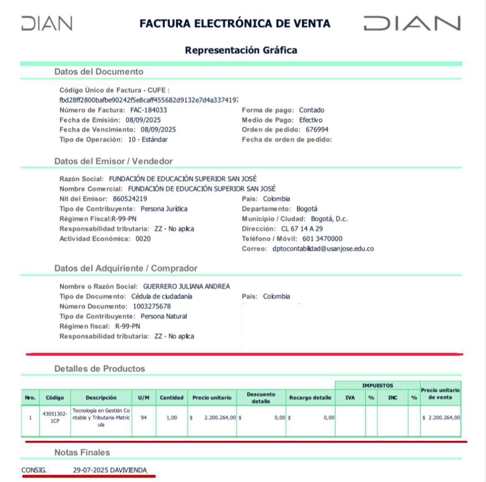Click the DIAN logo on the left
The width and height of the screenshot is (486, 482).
(x=47, y=23)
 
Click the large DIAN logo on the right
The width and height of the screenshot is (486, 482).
(x=411, y=23)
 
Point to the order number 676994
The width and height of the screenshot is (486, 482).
(x=317, y=130)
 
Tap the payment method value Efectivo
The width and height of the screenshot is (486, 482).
(x=311, y=120)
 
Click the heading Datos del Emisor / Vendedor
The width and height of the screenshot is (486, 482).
(x=113, y=161)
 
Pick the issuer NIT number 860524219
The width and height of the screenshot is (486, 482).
(x=129, y=199)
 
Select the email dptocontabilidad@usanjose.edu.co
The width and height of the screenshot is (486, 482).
(x=323, y=249)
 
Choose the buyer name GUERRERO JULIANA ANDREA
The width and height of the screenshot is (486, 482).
(x=186, y=286)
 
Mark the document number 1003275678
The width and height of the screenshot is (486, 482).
(x=152, y=306)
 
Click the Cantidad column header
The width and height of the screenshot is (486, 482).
(x=171, y=398)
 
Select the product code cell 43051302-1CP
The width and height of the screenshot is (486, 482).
(x=55, y=417)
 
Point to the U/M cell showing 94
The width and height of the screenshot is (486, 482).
(x=143, y=417)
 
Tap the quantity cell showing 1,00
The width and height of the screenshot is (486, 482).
(x=171, y=417)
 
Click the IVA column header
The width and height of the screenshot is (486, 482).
(x=350, y=398)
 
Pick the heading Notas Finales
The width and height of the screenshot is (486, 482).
(x=82, y=452)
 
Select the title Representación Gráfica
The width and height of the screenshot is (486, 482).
(x=241, y=50)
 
